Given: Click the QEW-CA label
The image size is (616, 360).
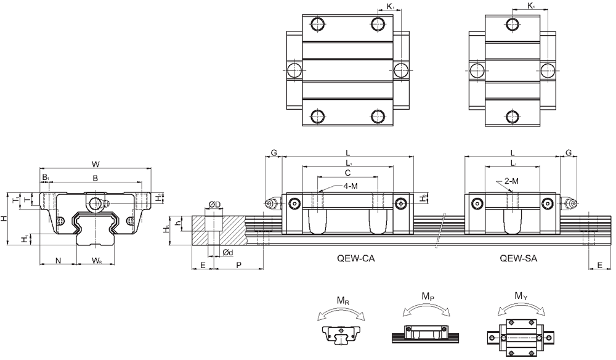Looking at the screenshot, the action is (355, 258).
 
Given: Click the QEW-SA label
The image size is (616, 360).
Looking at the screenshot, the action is (518, 258).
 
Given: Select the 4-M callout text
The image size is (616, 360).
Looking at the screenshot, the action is (350, 186).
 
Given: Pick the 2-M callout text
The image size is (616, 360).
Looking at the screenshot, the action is (511, 181).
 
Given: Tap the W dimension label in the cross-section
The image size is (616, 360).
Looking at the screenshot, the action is (95, 164).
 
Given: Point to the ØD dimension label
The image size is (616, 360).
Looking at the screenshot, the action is (214, 205).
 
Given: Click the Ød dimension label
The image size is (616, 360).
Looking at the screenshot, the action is (228, 252).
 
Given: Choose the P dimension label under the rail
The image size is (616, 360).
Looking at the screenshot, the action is (238, 265).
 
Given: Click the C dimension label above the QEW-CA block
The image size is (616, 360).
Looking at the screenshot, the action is (347, 173).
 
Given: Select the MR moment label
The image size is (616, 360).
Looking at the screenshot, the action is (342, 301).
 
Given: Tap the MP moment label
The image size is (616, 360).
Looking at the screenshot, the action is (428, 297).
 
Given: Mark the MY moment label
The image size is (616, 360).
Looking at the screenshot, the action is (521, 296).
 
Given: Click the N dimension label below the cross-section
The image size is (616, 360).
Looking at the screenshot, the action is (58, 260).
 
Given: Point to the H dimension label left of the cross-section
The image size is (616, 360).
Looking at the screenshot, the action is (4, 218).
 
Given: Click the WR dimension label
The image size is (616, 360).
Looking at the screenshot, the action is (97, 261).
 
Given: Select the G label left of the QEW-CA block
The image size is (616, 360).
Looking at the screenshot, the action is (274, 153).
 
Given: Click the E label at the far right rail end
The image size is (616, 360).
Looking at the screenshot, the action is (600, 265).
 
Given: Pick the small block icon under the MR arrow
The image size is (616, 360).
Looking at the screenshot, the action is (341, 335).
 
